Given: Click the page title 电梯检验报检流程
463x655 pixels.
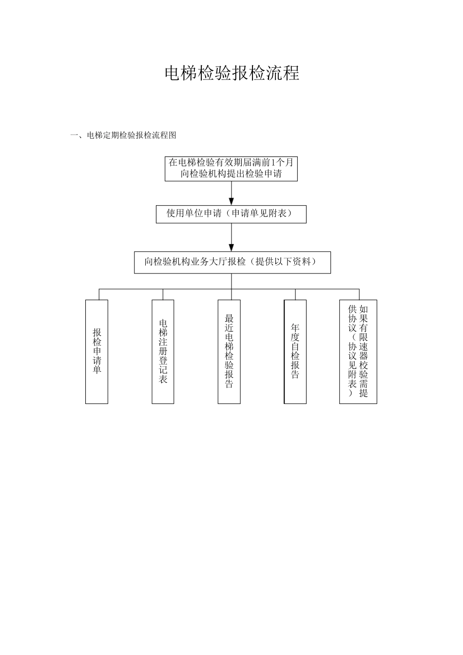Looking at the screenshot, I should point(231,73).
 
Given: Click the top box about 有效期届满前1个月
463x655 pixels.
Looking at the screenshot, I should point(231,168).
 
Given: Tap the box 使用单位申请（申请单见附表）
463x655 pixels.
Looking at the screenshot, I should point(231,214).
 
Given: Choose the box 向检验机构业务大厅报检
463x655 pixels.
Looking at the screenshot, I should point(232,262).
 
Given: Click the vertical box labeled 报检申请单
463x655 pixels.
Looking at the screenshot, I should point(96,351).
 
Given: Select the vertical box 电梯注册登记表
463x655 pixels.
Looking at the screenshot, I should point(163,351).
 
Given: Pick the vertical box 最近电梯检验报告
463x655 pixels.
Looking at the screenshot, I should point(229,351).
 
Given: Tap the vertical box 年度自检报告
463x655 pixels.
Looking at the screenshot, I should point(295,351).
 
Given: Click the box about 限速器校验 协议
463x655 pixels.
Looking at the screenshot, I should point(358,351).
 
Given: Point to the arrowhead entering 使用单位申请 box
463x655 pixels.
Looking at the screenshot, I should point(231,201).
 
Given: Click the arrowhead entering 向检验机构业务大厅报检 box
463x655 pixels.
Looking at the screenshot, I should point(231,247).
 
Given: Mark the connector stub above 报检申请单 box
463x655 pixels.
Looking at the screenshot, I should point(99,294).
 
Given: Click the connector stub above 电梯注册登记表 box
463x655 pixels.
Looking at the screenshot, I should point(163,294).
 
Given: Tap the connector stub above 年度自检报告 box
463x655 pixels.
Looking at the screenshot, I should point(295,294).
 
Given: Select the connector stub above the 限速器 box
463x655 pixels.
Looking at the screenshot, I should point(359,294).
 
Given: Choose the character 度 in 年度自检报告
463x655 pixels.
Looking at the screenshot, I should point(295,337).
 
